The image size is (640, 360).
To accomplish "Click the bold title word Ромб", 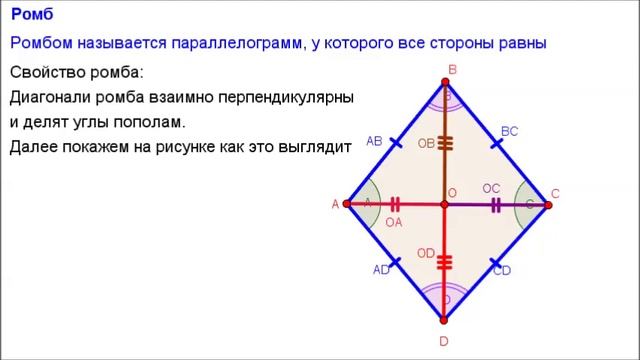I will pos(32,14).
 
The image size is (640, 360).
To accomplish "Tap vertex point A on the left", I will pos(347,204).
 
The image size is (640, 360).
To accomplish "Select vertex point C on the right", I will pos(548,204).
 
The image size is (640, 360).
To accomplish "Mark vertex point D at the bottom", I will pos(445,320).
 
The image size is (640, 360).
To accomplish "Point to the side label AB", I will pos(374,141).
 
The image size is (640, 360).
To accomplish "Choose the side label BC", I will pos(509,131).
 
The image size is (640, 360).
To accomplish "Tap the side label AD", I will pos(381,270).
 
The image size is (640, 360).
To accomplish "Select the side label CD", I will pos(502,271).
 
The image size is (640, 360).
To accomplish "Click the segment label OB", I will pos(426,144).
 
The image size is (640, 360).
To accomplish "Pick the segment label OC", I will pos(490,188).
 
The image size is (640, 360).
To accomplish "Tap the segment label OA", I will pos(394,223).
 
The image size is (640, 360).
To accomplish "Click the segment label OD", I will pos(426,253).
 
